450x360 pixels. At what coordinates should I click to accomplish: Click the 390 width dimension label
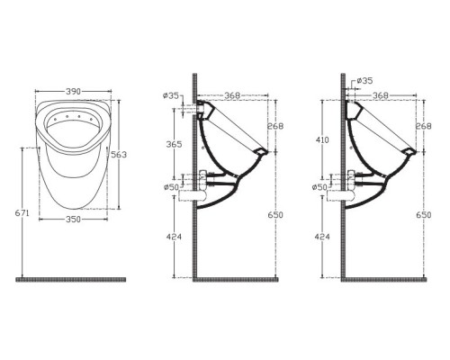(x=73, y=91)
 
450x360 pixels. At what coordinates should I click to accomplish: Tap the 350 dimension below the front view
(x=73, y=220)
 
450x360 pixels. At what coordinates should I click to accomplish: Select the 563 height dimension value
(x=119, y=155)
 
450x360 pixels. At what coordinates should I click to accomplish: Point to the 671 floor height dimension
(x=22, y=213)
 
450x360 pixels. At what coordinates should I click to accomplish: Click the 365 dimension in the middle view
(x=174, y=144)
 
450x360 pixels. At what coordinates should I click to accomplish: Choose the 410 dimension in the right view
(x=322, y=139)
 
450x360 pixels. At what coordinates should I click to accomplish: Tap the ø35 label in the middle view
(x=171, y=96)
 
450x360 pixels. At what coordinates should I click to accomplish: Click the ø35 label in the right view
(x=364, y=80)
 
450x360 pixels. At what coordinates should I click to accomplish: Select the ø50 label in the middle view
(x=171, y=187)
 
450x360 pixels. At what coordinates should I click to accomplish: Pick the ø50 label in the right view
(x=319, y=187)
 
